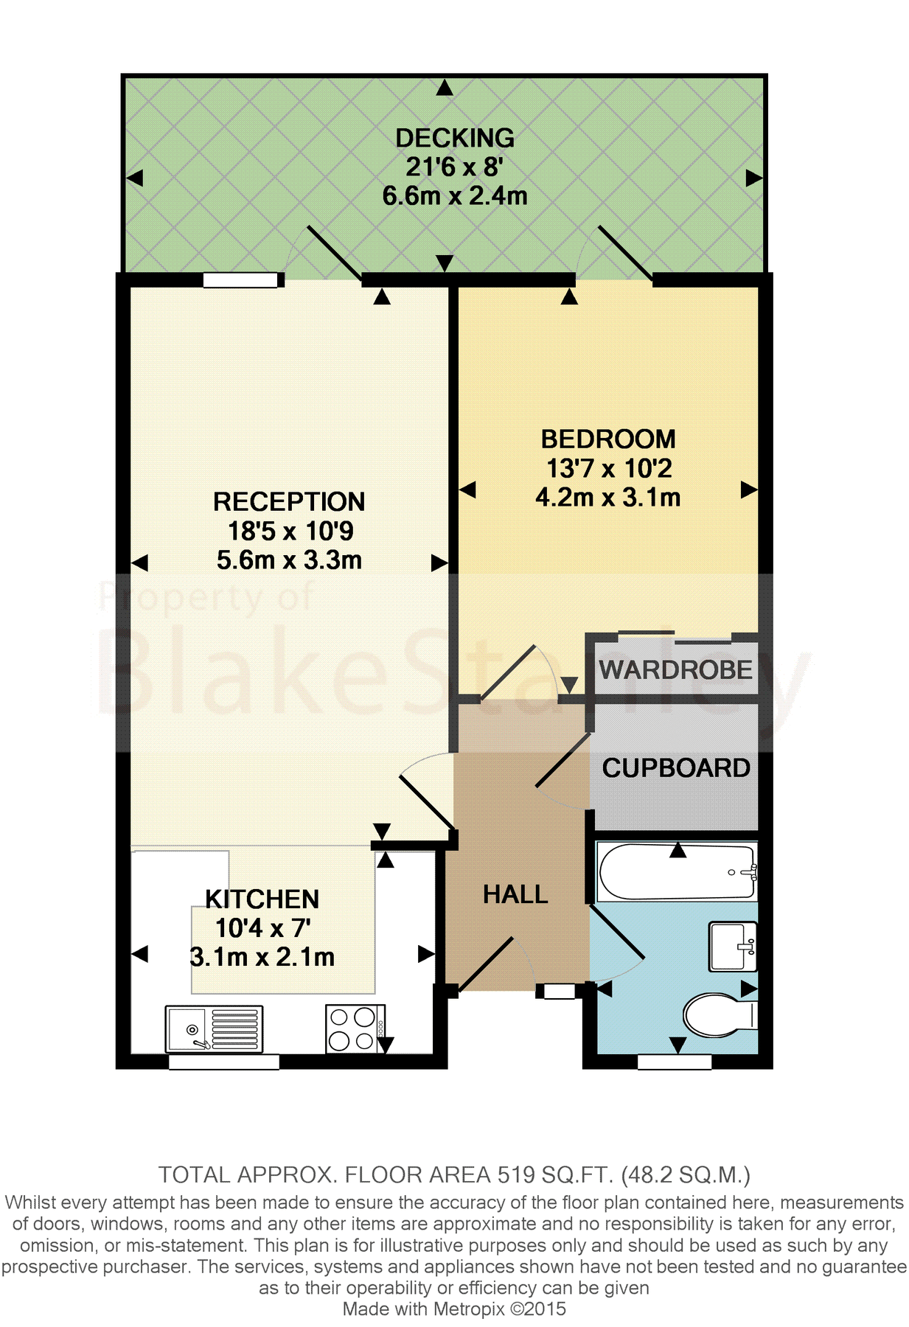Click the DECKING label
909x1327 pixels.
click(454, 138)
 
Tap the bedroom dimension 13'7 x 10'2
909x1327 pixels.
click(608, 468)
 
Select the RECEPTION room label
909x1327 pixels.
click(289, 502)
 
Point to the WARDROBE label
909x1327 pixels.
click(675, 670)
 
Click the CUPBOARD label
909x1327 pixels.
click(676, 768)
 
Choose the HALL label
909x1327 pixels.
click(515, 894)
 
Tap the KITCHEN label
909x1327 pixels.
click(262, 899)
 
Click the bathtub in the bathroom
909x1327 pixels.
click(677, 872)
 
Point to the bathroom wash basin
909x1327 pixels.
click(733, 945)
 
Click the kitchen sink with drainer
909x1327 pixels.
click(214, 1029)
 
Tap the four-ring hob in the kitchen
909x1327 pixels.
click(353, 1028)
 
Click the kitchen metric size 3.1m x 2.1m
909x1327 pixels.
click(262, 957)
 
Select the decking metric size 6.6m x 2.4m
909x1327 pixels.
click(454, 196)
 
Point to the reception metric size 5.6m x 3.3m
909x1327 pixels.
click(289, 560)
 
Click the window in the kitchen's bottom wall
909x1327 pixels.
click(224, 1062)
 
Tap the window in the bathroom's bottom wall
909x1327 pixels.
click(674, 1062)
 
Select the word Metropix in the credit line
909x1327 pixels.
click(469, 1309)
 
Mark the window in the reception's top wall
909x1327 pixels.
click(242, 279)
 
